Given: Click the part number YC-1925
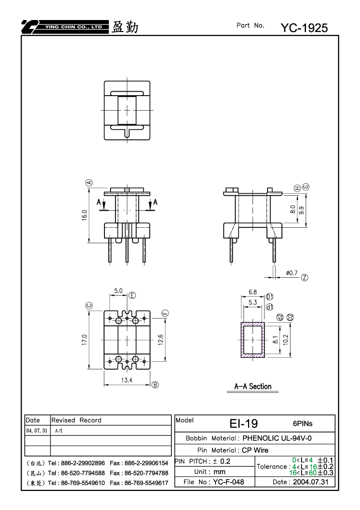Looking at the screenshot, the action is point(304,28).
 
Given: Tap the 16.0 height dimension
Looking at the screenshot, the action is point(84,215).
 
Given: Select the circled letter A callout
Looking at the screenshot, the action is point(89,183).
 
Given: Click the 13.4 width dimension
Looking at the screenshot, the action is point(126,380).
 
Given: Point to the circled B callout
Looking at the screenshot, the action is point(155,385).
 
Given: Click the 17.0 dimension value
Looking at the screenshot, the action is point(84,340).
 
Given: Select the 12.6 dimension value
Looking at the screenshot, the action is point(160,340).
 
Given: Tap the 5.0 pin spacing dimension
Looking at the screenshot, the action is point(118,291).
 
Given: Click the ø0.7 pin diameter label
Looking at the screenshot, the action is point(292,273).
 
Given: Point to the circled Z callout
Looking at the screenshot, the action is point(304,277).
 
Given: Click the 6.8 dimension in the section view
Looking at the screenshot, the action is point(252,292).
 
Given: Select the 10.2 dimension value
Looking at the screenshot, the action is point(285,340).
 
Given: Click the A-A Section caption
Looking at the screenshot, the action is point(253,386).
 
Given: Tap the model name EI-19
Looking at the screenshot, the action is point(243,423).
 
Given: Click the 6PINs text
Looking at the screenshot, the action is point(302,423).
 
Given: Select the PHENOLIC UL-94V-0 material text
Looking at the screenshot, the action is point(277,438).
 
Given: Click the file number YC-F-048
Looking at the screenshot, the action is point(228,481).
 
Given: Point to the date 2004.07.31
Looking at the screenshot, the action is point(310,481).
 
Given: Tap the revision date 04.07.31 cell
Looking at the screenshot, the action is point(36,430).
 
